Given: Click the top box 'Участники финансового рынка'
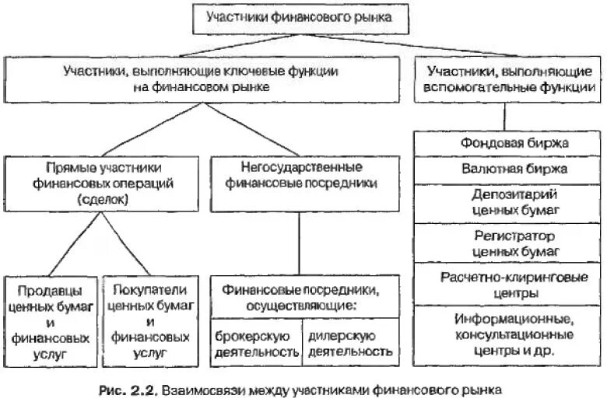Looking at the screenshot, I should pyautogui.click(x=299, y=16).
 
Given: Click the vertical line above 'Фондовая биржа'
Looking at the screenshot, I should pyautogui.click(x=505, y=116).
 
